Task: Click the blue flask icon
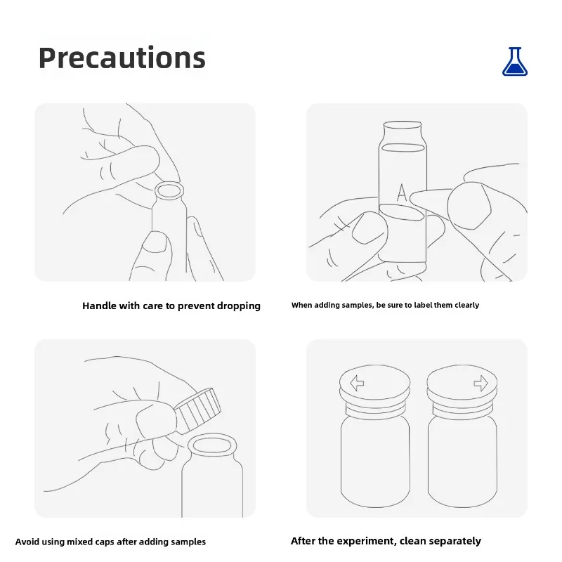click(515, 62)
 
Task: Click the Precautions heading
click(122, 58)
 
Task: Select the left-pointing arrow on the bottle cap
click(357, 383)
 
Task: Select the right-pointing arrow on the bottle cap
click(481, 383)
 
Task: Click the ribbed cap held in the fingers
click(197, 410)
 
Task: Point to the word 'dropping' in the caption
click(239, 306)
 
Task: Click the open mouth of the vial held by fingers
click(169, 190)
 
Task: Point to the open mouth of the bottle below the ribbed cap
click(212, 445)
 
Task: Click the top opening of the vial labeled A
click(403, 125)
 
